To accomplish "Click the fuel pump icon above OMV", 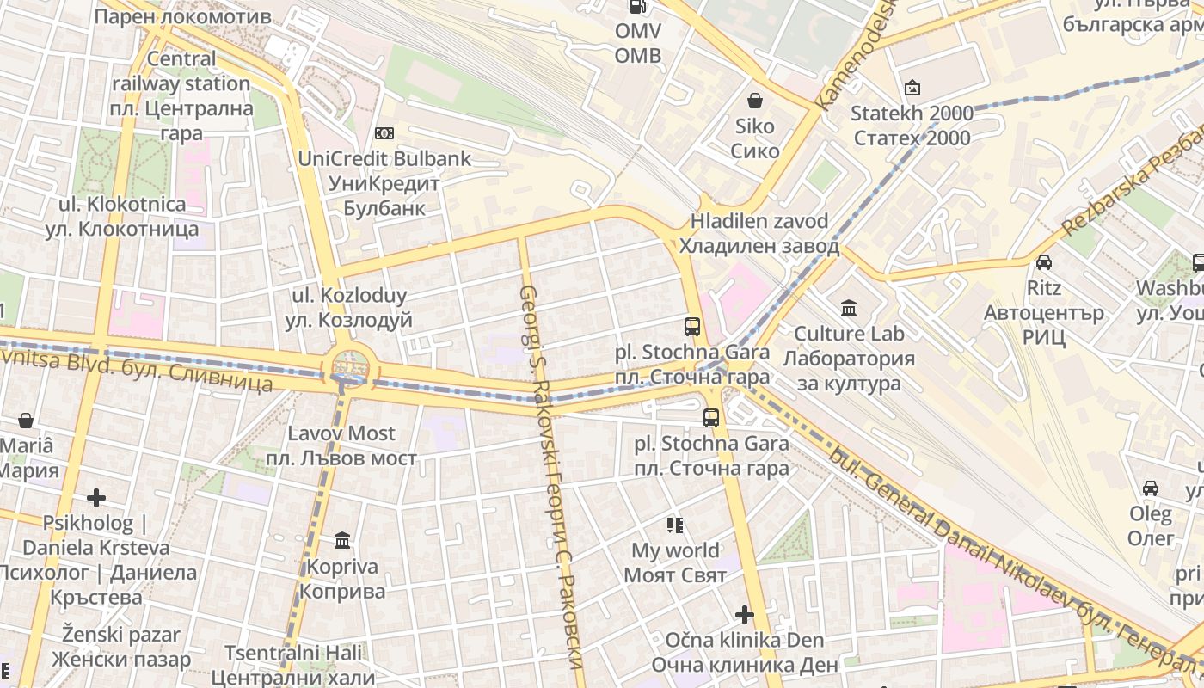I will pyautogui.click(x=638, y=7).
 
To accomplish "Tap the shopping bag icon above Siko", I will pyautogui.click(x=755, y=101).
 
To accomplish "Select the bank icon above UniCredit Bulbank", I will pyautogui.click(x=384, y=133).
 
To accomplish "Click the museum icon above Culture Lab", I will pyautogui.click(x=849, y=308).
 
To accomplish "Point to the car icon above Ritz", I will pyautogui.click(x=1044, y=262).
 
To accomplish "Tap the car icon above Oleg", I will pyautogui.click(x=1151, y=488).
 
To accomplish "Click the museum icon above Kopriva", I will pyautogui.click(x=342, y=541).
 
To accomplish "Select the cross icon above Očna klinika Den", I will pyautogui.click(x=745, y=615).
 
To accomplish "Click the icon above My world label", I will pyautogui.click(x=675, y=525).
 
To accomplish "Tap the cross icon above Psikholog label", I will pyautogui.click(x=96, y=498).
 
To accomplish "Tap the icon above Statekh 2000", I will pyautogui.click(x=912, y=88).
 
